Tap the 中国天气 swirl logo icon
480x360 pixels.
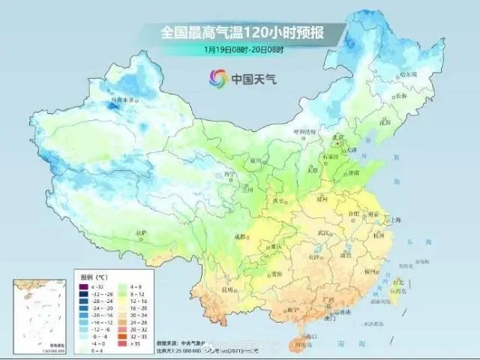pyautogui.click(x=219, y=76)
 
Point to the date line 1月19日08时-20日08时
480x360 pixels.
pyautogui.click(x=241, y=49)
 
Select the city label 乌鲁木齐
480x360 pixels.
pyautogui.click(x=123, y=100)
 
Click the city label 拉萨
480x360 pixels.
pyautogui.click(x=141, y=233)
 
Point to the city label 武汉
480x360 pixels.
pyautogui.click(x=323, y=233)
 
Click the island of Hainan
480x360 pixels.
pyautogui.click(x=303, y=335)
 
